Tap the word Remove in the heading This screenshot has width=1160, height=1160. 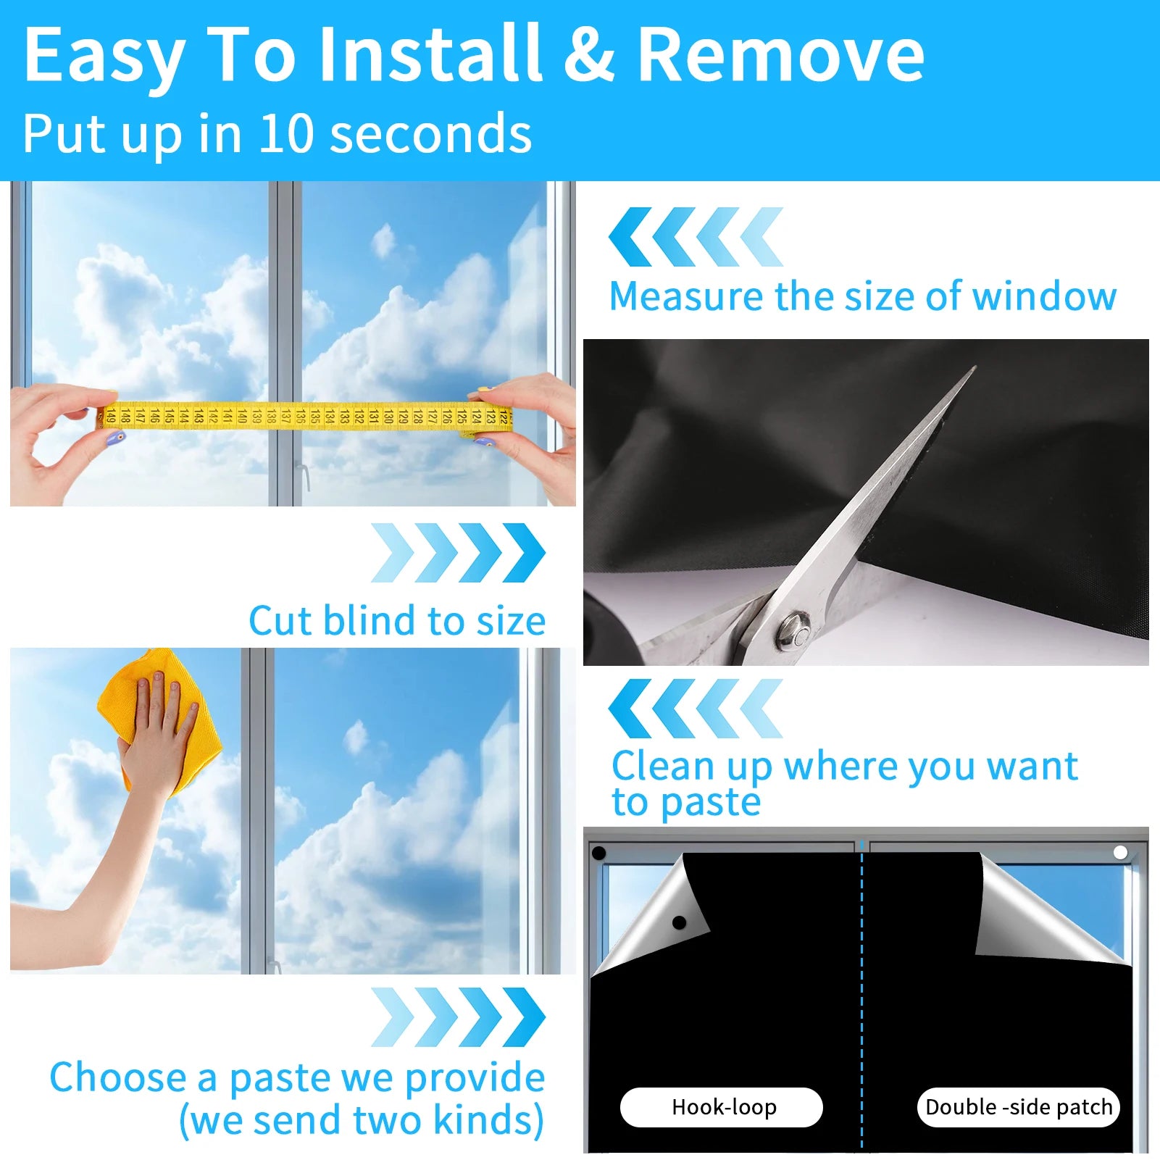pos(780,54)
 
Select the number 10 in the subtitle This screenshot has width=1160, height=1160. pos(286,134)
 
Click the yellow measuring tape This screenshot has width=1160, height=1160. pos(304,416)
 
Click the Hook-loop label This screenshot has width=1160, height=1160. pos(722,1107)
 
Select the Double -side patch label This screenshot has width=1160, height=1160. pos(1018,1107)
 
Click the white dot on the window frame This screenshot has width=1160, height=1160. pos(1120,852)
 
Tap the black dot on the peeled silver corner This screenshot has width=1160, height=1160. pos(679,922)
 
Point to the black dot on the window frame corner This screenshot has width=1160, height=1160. pos(599,853)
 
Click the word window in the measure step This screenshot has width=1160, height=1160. pos(1044,296)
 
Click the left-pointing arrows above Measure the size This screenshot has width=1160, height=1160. pos(696,237)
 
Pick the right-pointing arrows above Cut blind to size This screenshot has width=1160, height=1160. pos(458,553)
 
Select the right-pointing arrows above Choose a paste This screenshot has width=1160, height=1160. pos(458,1017)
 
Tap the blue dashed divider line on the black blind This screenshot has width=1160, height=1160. pos(861,1014)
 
